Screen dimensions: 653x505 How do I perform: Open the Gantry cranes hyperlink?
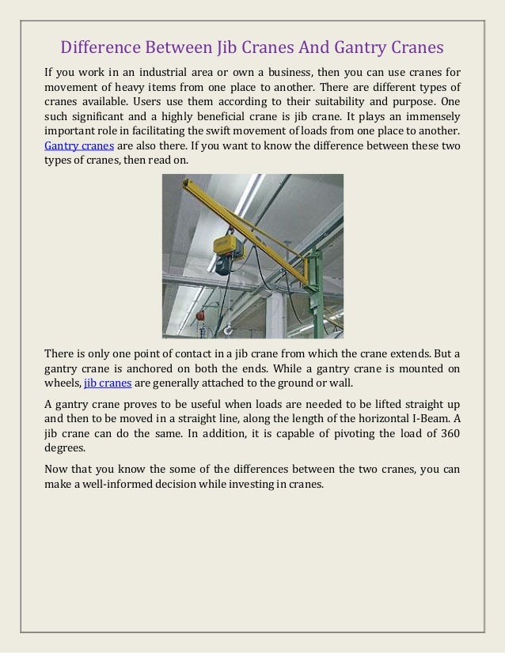coord(78,146)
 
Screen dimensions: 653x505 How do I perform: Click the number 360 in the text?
coord(445,433)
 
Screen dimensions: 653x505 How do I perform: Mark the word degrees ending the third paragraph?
coord(66,448)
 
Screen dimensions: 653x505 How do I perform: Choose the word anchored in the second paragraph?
coord(158,368)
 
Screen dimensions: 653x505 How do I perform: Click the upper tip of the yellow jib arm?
coord(187,183)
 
